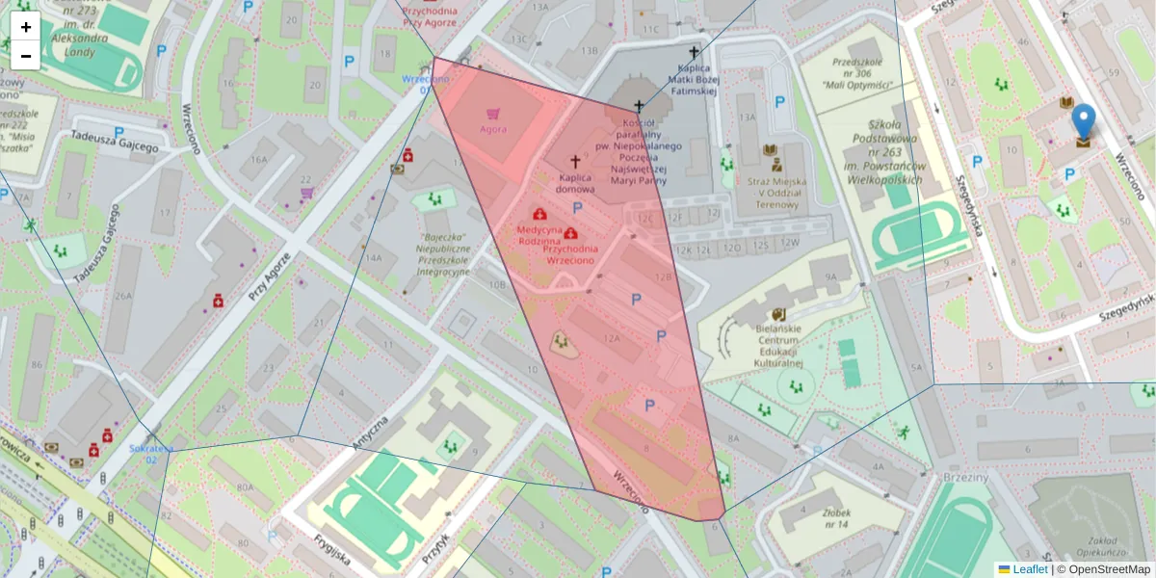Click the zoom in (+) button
click(26, 27)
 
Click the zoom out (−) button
click(26, 56)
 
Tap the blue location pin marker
click(1084, 123)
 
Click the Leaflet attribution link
click(1029, 569)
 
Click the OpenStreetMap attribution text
click(1108, 569)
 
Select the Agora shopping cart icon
click(493, 113)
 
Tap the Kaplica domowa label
click(576, 183)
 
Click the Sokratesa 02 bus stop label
click(150, 454)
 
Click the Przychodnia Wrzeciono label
click(570, 254)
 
